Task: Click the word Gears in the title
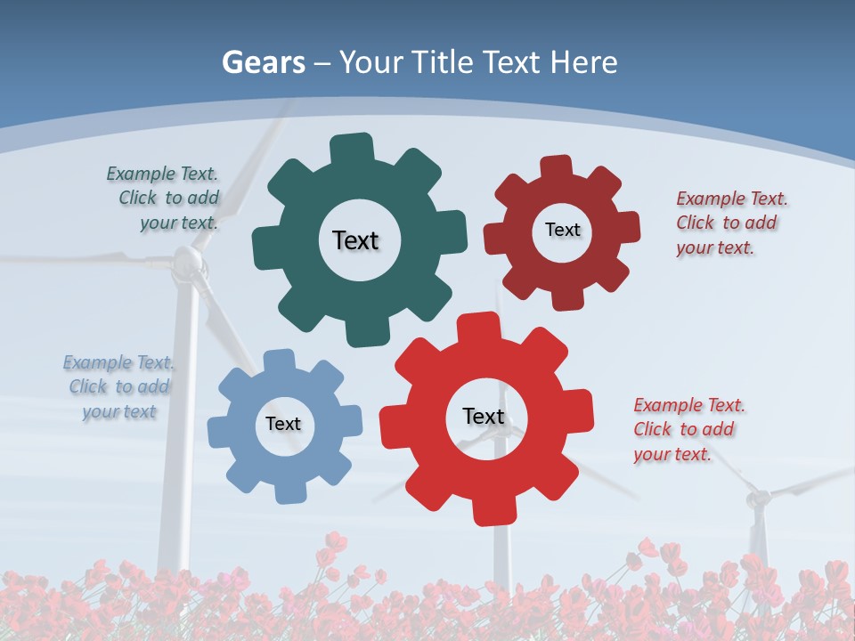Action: [264, 62]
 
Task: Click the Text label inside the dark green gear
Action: [355, 240]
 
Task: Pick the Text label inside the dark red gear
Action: [562, 230]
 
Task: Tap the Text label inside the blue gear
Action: [282, 424]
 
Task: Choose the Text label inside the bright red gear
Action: [484, 416]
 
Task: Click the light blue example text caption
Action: [118, 386]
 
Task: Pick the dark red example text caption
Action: [730, 223]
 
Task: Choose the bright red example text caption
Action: [688, 429]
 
